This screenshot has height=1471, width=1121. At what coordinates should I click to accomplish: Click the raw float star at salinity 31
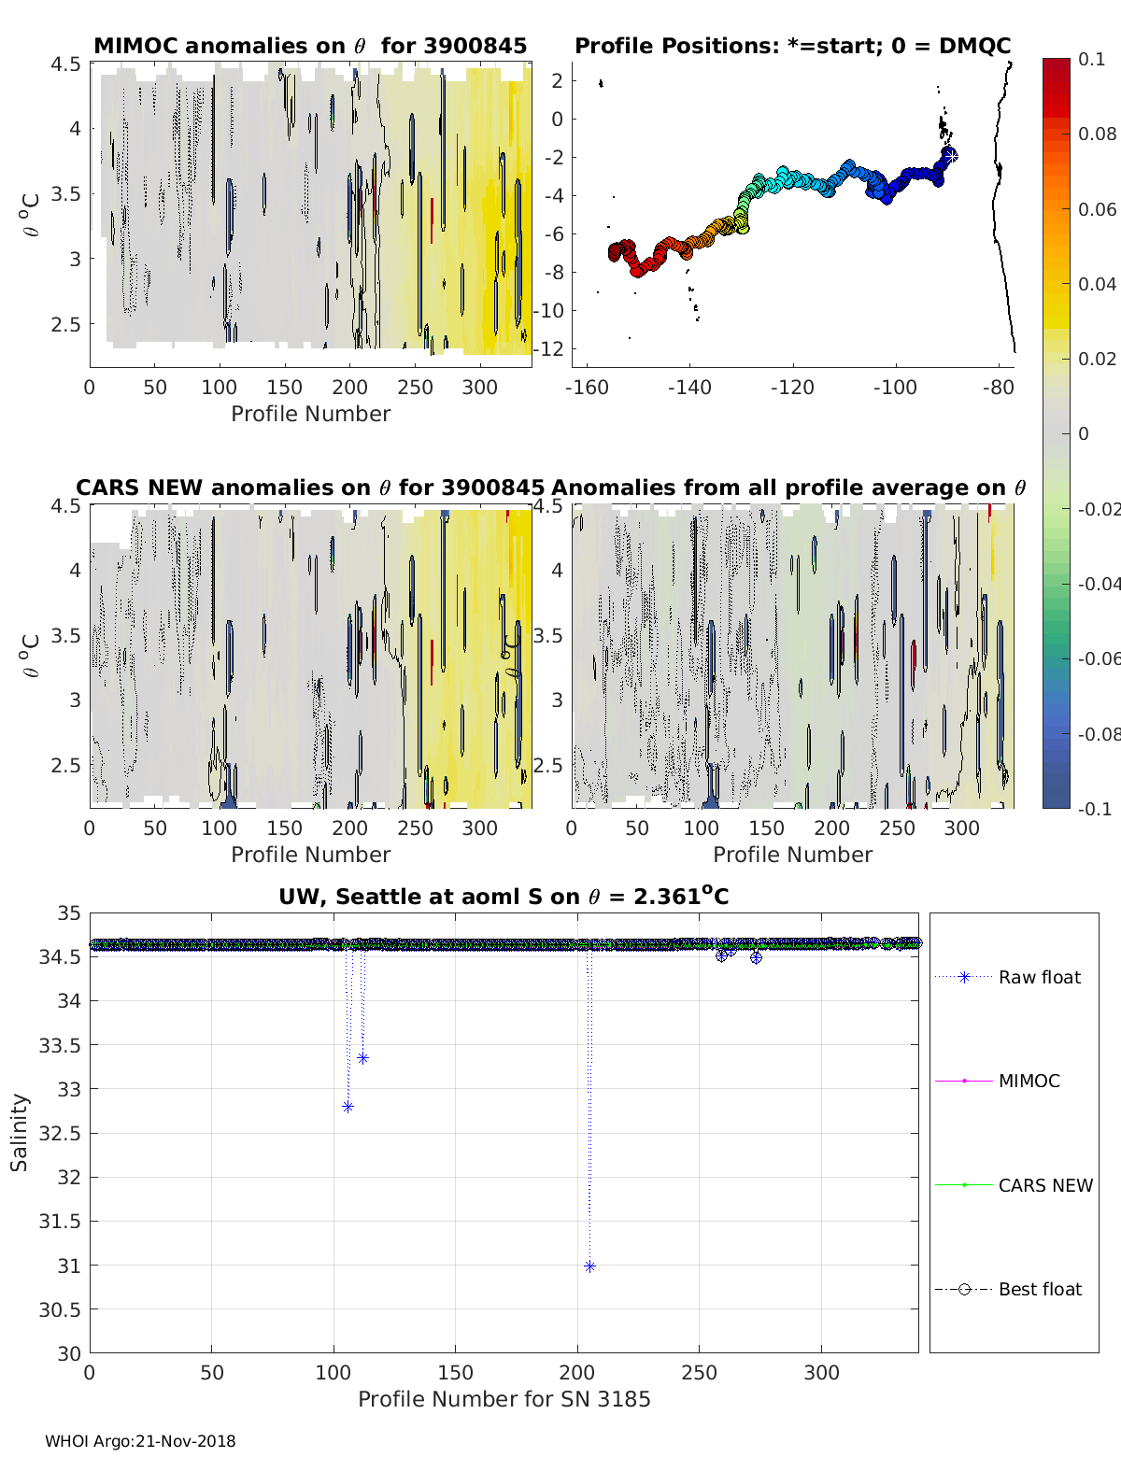589,1266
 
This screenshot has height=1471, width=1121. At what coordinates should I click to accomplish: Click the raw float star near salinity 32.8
348,1107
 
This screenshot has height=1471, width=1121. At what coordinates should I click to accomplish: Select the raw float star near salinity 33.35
362,1058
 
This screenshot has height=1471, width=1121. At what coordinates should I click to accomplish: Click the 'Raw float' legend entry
1039,978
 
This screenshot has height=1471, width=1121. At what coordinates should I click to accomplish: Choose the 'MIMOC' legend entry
1029,1082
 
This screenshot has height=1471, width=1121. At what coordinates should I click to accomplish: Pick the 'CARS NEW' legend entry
1044,1186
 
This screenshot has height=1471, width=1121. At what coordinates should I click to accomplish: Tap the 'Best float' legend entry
1039,1290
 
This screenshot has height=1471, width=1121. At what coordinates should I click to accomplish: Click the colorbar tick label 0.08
1097,134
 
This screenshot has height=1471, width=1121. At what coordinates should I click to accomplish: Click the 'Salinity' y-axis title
20,1132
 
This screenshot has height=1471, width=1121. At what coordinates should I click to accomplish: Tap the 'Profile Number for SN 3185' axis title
504,1399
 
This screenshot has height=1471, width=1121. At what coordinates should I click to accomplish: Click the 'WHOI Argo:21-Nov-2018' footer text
140,1442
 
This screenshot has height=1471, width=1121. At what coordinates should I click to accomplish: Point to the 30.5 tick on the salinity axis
60,1310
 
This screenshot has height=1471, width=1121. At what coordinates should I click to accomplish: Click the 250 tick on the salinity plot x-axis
700,1372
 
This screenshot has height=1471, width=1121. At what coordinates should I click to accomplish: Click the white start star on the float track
951,156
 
